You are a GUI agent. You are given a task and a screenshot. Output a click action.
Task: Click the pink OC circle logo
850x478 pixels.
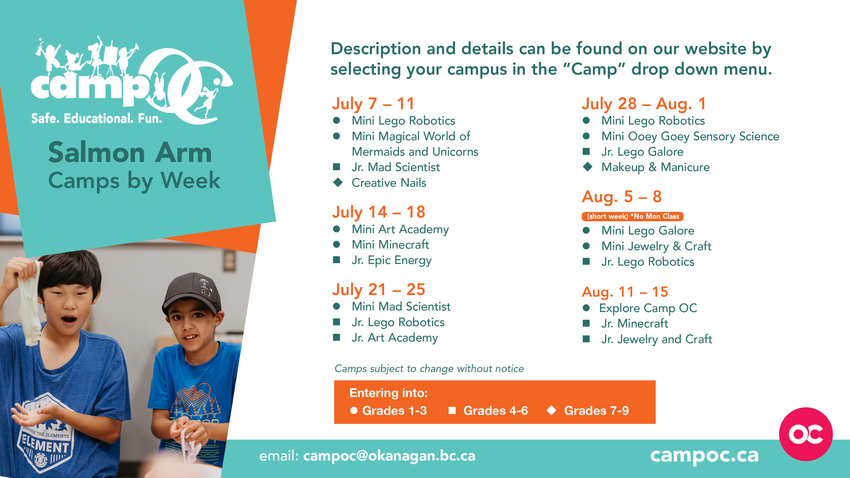point(806,434)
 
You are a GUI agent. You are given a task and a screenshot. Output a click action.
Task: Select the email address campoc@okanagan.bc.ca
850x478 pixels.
point(389,456)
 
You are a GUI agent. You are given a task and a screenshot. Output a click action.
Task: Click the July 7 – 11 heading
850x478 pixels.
point(373,104)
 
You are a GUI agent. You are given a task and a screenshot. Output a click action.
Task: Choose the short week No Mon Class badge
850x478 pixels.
point(632,216)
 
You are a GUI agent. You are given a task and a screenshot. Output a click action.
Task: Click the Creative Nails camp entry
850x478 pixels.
point(389,183)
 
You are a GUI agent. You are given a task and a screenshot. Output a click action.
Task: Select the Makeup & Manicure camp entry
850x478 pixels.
point(655,167)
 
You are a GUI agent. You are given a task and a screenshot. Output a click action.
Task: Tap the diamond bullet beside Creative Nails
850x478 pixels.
point(338,182)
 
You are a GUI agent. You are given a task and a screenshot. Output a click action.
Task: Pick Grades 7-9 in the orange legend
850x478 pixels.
point(596,411)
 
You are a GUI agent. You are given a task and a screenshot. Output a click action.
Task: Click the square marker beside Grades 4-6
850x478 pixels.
point(452,410)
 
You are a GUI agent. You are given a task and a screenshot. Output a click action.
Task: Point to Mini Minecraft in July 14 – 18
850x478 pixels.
point(390,245)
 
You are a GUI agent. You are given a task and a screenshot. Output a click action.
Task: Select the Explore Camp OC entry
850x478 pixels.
point(648,308)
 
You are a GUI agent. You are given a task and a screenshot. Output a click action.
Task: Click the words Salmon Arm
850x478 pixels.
point(130,152)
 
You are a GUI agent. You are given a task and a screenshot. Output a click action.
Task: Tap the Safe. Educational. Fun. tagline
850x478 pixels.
point(97,118)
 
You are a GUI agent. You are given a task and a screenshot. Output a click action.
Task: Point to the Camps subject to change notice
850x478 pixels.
point(429,369)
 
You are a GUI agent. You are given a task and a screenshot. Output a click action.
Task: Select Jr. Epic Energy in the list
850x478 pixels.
point(391,260)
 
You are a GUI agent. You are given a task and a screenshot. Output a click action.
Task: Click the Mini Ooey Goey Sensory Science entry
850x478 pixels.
point(690,136)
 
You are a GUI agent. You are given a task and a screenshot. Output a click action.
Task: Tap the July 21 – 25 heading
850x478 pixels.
point(379,290)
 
